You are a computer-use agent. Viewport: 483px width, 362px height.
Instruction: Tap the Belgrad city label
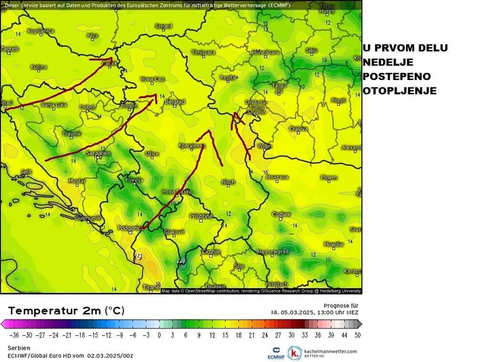point(175,102)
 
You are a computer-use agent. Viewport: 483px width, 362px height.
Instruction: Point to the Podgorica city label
point(129,228)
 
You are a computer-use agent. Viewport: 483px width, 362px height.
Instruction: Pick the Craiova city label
point(298,128)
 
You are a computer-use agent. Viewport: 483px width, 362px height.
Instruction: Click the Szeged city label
point(164,26)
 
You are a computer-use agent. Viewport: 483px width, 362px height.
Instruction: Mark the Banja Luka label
point(54,105)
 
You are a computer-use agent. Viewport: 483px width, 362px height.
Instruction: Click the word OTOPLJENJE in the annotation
point(399,91)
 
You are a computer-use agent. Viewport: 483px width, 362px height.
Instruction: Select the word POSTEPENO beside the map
point(396,76)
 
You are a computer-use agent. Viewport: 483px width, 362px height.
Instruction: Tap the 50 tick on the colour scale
point(357,335)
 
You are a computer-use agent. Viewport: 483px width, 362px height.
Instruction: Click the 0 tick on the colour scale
point(159,335)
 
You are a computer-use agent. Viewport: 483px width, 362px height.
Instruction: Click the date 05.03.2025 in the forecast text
point(294,312)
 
